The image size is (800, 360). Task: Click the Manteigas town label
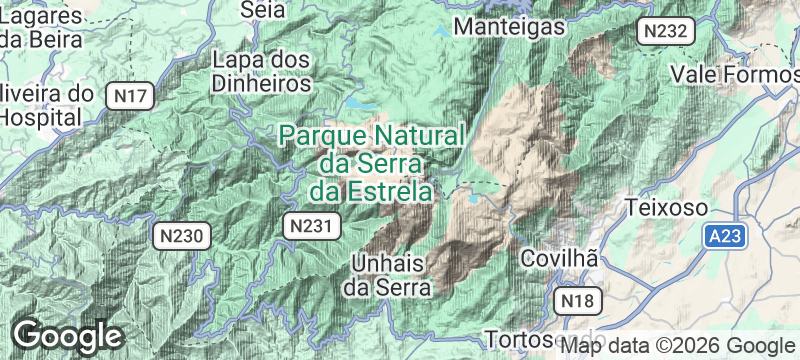tap(509, 27)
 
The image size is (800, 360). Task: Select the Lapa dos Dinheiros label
tap(261, 72)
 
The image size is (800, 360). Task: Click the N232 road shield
tap(665, 31)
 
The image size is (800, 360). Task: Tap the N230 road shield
tap(183, 237)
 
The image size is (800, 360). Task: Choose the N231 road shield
tap(307, 226)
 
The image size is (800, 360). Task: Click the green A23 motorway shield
tap(723, 237)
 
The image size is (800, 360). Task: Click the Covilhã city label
tap(560, 258)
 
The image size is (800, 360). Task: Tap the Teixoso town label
tap(667, 208)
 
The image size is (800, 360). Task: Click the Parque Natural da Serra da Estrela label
tap(371, 162)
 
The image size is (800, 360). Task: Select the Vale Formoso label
tap(735, 74)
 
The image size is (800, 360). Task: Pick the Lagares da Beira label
tap(41, 28)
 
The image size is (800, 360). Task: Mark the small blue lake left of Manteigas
tap(441, 31)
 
